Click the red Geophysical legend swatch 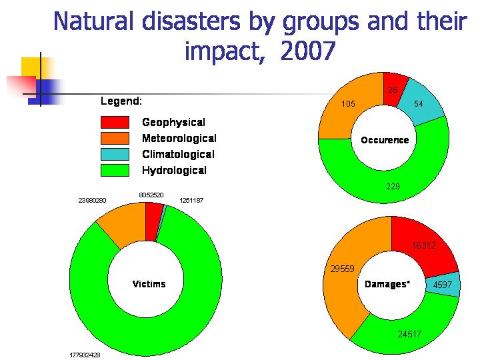pyautogui.click(x=114, y=122)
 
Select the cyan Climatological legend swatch pyautogui.click(x=114, y=154)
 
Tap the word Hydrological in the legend pyautogui.click(x=174, y=170)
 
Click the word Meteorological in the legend pyautogui.click(x=179, y=138)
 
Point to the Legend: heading pyautogui.click(x=121, y=101)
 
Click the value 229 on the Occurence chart pyautogui.click(x=393, y=186)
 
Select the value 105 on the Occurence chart pyautogui.click(x=348, y=104)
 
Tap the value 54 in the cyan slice pyautogui.click(x=419, y=104)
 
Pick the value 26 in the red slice pyautogui.click(x=392, y=90)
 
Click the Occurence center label pyautogui.click(x=385, y=140)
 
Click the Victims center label pyautogui.click(x=149, y=284)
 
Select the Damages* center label pyautogui.click(x=387, y=284)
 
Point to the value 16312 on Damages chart pyautogui.click(x=423, y=245)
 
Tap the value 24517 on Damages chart pyautogui.click(x=409, y=334)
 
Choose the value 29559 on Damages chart pyautogui.click(x=342, y=269)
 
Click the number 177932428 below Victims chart pyautogui.click(x=85, y=355)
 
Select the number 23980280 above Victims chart pyautogui.click(x=93, y=199)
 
